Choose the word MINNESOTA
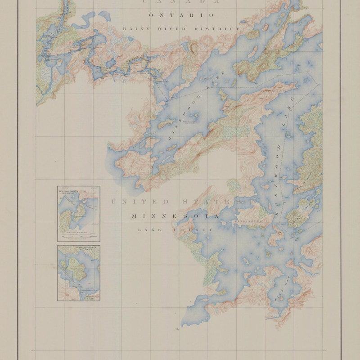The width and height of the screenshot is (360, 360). click(175, 216)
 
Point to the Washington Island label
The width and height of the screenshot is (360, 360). click(247, 222)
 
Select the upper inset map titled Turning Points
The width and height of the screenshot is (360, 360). click(79, 214)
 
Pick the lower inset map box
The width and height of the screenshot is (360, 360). click(79, 273)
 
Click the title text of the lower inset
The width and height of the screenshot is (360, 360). click(79, 249)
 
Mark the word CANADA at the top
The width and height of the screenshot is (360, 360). click(182, 2)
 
